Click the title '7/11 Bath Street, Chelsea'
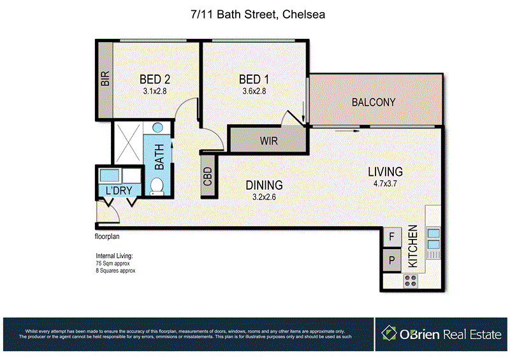click(255, 13)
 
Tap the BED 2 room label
click(154, 80)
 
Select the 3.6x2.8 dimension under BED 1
click(254, 91)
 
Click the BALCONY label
click(374, 102)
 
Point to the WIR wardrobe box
click(267, 140)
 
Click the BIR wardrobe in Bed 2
click(105, 80)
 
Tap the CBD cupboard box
click(208, 175)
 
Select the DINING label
click(264, 185)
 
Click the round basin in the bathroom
click(157, 129)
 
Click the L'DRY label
click(119, 191)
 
